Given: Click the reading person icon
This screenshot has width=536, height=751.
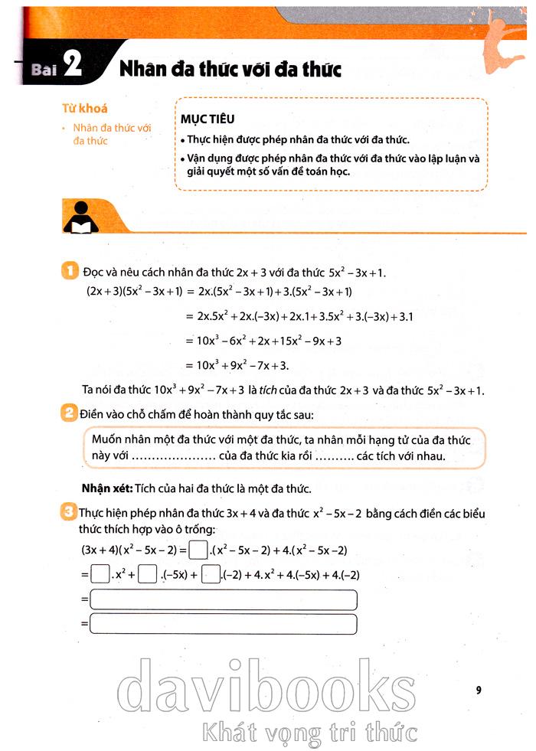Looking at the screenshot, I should [80, 217].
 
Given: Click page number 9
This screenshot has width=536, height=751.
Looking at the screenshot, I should [478, 691].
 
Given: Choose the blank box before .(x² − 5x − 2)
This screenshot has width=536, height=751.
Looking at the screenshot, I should [198, 549].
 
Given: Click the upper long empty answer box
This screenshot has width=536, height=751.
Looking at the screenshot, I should [223, 599].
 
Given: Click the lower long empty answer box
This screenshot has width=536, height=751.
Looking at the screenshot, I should [223, 625].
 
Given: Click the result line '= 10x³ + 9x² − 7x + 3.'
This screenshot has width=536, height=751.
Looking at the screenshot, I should [241, 364].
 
